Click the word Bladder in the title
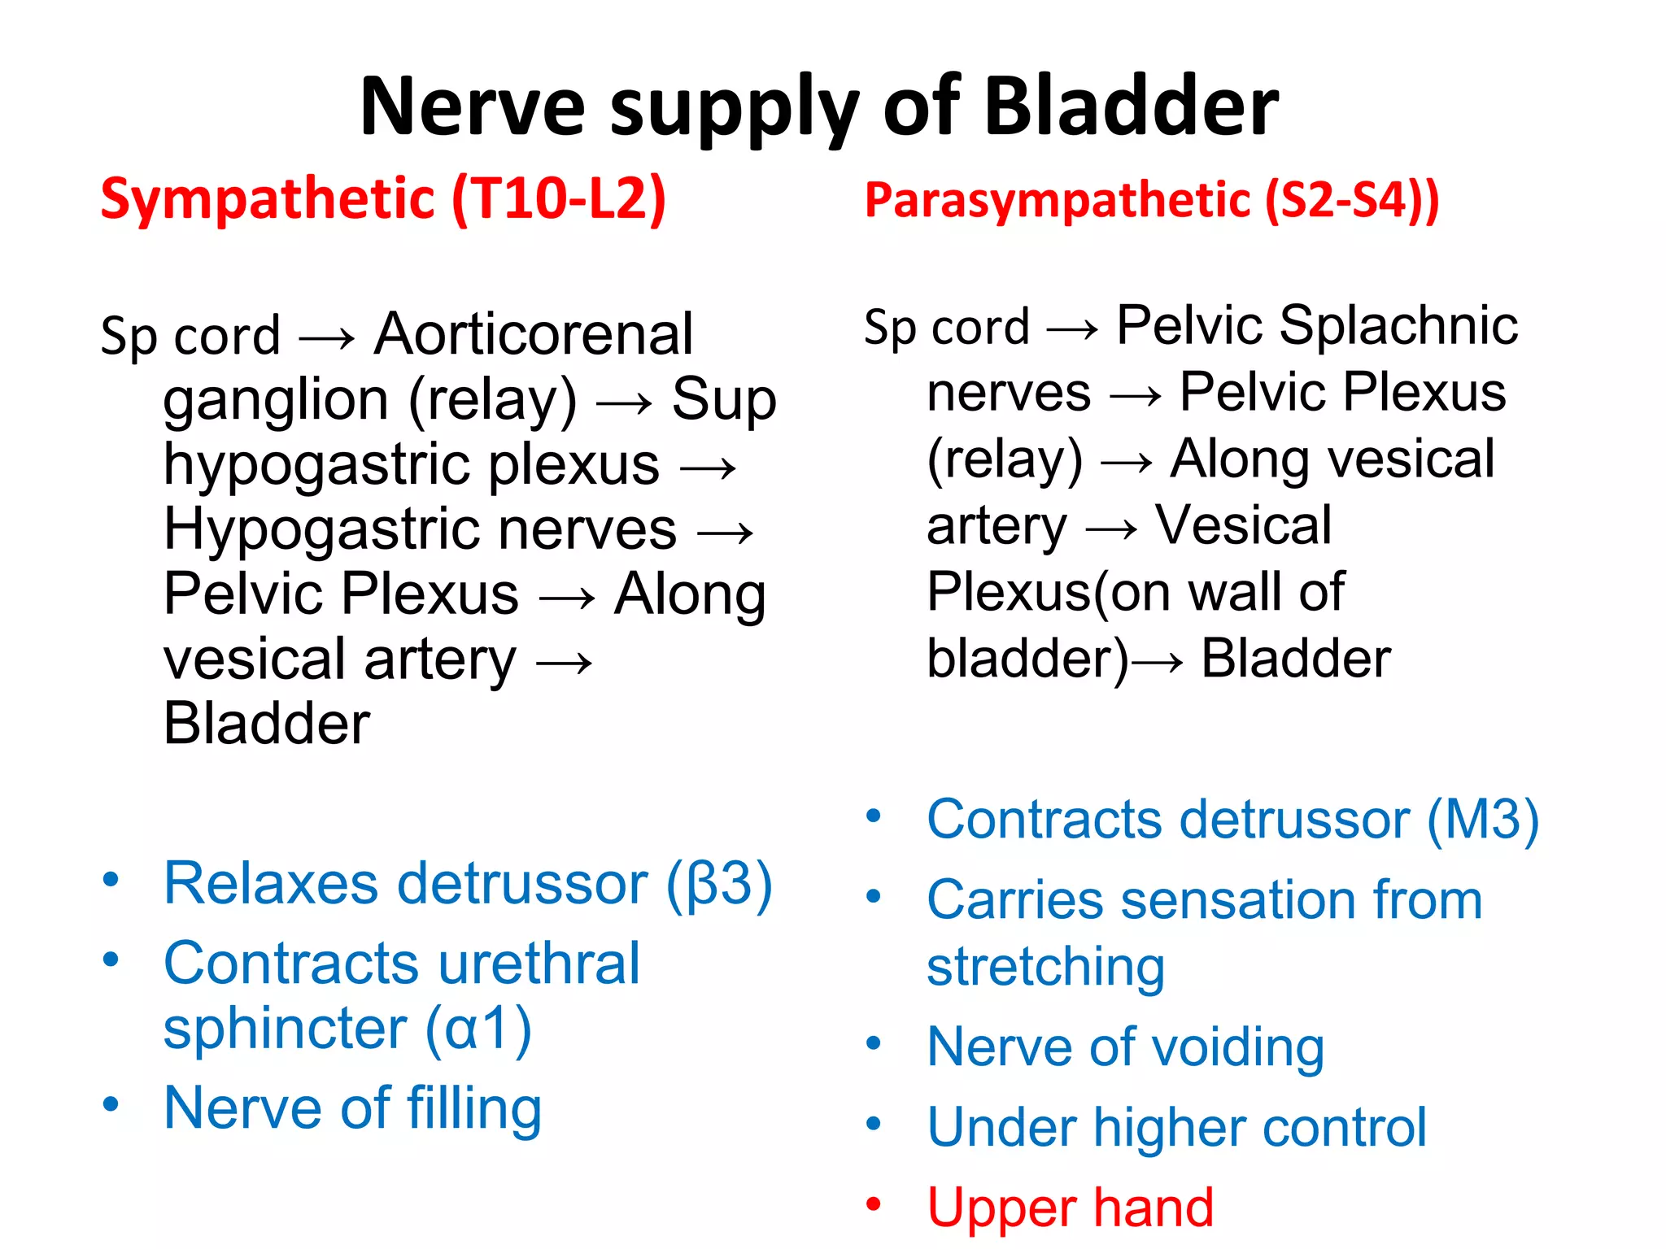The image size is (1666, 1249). coord(1131,106)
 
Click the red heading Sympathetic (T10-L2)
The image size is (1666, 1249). coord(383,198)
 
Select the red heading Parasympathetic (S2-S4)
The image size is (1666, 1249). coord(1151,200)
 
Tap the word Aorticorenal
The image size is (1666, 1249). coord(534,334)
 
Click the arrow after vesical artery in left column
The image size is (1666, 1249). coord(565,663)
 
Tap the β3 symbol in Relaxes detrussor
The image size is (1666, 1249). coord(719,883)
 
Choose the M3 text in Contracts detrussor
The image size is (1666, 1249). coord(1482,819)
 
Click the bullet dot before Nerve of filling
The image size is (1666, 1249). coord(111,1104)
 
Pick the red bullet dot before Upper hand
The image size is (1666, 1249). coord(874,1203)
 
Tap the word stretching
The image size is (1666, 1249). coord(1046,968)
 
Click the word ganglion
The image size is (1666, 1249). coord(276,401)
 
